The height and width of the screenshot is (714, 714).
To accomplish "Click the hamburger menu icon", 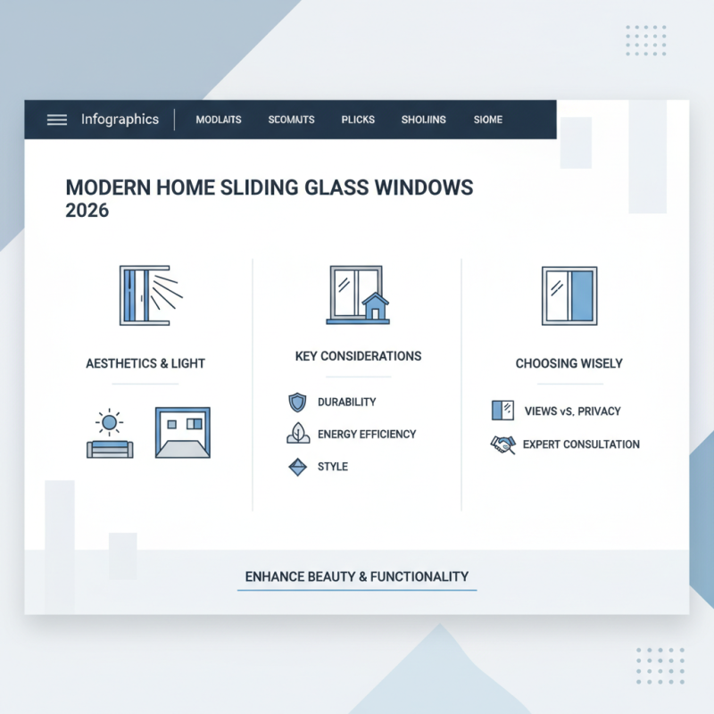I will pyautogui.click(x=56, y=120).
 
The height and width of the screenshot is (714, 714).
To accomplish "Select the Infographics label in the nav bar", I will pyautogui.click(x=120, y=120).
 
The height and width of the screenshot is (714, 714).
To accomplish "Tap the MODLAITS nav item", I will pyautogui.click(x=218, y=120).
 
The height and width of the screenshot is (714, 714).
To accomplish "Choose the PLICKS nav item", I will pyautogui.click(x=358, y=120).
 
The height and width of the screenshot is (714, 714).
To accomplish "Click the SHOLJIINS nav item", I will pyautogui.click(x=423, y=120).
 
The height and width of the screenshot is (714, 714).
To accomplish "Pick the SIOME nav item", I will pyautogui.click(x=488, y=120).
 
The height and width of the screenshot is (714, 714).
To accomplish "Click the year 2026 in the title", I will pyautogui.click(x=87, y=212).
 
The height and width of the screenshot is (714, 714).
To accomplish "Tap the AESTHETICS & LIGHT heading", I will pyautogui.click(x=145, y=363).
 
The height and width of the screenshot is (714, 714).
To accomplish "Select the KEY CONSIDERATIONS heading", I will pyautogui.click(x=358, y=356).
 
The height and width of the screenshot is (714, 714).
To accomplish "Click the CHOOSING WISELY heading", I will pyautogui.click(x=569, y=363).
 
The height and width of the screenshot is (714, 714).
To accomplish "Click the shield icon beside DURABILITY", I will pyautogui.click(x=297, y=403).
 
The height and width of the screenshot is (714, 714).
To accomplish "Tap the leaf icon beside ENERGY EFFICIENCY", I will pyautogui.click(x=297, y=435).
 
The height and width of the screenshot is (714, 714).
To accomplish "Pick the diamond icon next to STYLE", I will pyautogui.click(x=297, y=467).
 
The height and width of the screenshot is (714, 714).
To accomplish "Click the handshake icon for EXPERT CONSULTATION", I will pyautogui.click(x=502, y=444).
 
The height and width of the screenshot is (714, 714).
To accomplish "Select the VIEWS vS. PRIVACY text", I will pyautogui.click(x=571, y=411).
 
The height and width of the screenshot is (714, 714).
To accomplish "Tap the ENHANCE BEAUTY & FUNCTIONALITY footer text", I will pyautogui.click(x=357, y=577).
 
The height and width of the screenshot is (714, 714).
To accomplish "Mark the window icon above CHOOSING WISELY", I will pyautogui.click(x=569, y=295).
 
